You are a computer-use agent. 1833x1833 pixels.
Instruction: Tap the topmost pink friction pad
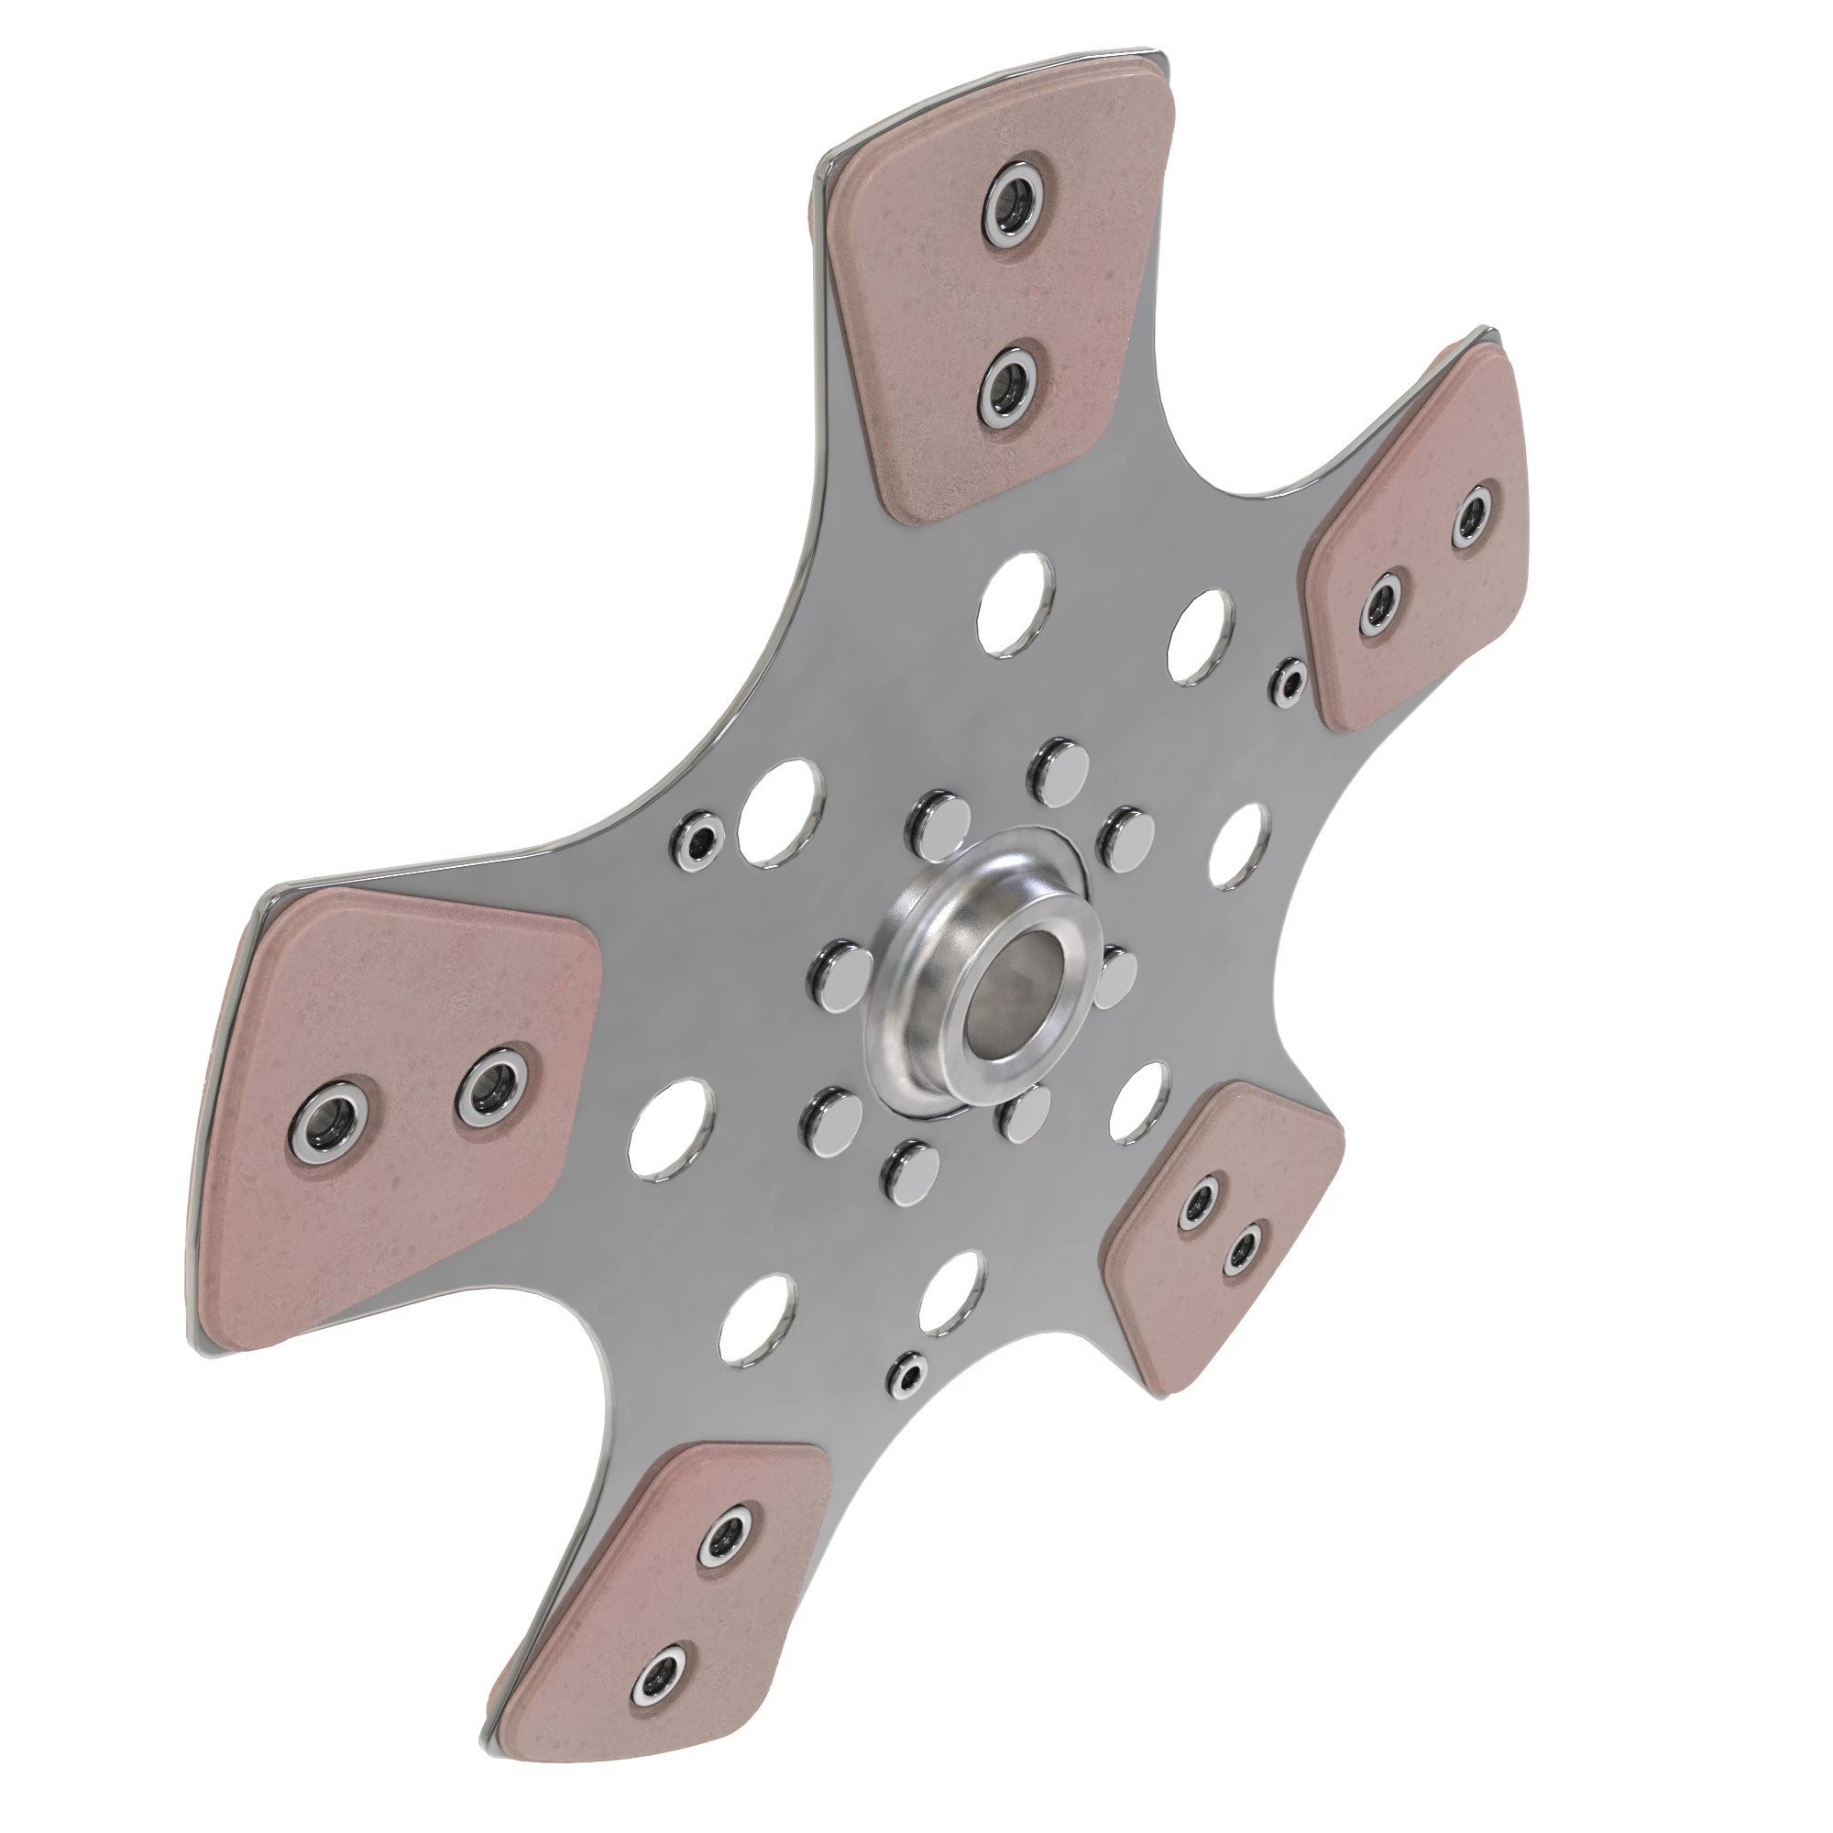click(x=996, y=294)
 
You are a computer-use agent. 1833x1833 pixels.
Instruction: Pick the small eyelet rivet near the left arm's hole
click(x=700, y=838)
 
